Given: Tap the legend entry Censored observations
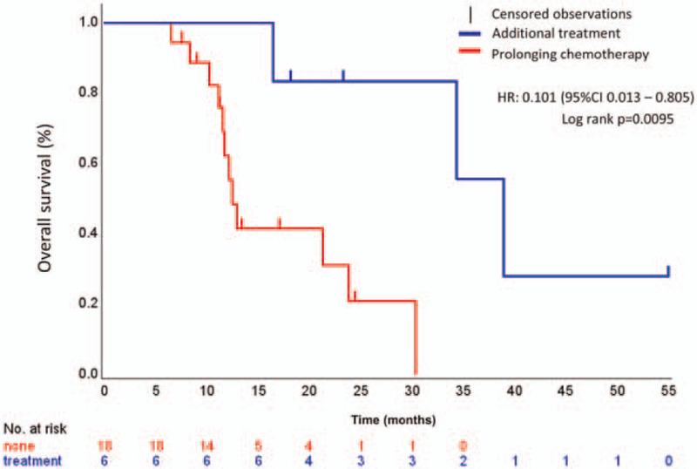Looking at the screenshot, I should pyautogui.click(x=547, y=14).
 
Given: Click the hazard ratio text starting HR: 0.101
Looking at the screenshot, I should pyautogui.click(x=588, y=99).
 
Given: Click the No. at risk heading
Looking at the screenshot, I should pyautogui.click(x=34, y=429).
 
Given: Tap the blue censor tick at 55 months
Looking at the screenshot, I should pyautogui.click(x=668, y=270).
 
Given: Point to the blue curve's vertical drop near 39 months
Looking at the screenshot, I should pyautogui.click(x=504, y=228).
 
